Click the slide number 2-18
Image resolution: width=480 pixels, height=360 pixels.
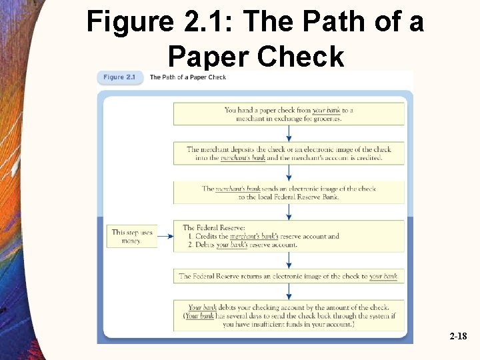click(x=458, y=337)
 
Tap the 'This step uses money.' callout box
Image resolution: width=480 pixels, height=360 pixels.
click(x=131, y=236)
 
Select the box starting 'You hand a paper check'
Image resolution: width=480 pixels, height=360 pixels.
click(x=289, y=114)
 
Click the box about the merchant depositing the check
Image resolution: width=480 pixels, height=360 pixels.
click(x=289, y=153)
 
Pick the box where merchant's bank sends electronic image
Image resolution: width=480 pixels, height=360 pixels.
click(x=289, y=193)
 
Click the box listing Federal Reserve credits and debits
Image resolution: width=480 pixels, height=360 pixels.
click(x=289, y=236)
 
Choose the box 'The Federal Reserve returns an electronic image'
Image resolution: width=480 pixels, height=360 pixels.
click(x=289, y=276)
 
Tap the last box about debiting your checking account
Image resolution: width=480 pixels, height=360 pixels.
click(x=289, y=316)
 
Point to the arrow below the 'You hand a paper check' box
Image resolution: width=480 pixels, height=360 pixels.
click(x=289, y=133)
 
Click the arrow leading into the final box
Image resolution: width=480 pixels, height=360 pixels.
click(x=289, y=291)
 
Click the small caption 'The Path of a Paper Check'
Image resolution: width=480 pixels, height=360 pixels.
click(x=187, y=77)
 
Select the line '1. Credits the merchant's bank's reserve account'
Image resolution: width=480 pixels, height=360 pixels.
click(x=264, y=236)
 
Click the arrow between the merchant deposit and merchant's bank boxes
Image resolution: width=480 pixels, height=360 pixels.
click(x=289, y=173)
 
